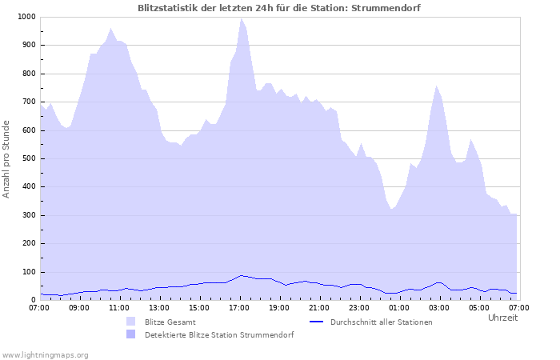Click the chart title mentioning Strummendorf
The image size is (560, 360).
tap(279, 8)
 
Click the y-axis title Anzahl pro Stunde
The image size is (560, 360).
tap(7, 158)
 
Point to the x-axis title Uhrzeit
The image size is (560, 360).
tap(502, 318)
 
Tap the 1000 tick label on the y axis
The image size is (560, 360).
tap(26, 17)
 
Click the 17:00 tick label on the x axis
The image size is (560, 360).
tap(239, 307)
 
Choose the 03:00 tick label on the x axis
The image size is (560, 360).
tap(439, 307)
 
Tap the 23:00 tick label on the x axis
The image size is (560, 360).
tap(359, 307)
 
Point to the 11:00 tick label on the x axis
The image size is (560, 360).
tap(119, 307)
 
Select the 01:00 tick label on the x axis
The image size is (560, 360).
tap(399, 307)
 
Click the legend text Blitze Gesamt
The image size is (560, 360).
tap(170, 322)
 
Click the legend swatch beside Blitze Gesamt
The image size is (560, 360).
tap(131, 322)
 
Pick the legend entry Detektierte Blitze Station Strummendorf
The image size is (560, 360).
tap(219, 335)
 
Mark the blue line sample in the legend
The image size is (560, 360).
tap(318, 322)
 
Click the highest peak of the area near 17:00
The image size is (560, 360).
tap(241, 18)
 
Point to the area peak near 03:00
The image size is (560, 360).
tap(436, 86)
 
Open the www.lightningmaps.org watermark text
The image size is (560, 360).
tap(45, 354)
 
